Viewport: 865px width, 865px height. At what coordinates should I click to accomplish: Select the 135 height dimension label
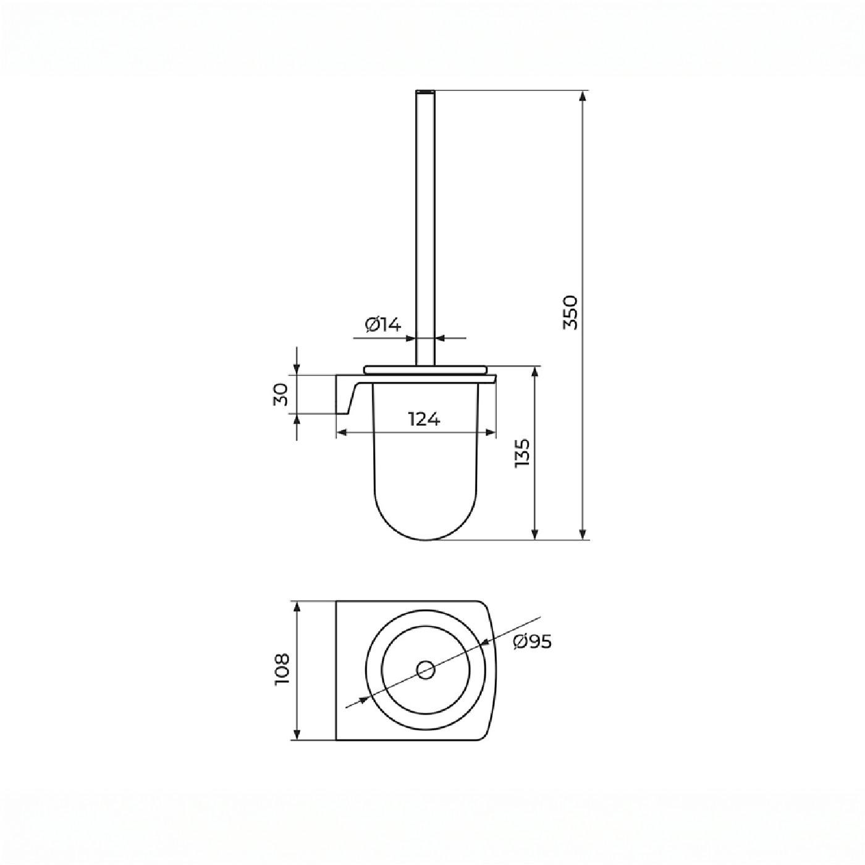point(522,454)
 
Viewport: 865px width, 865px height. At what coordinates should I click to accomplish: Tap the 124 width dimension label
point(424,419)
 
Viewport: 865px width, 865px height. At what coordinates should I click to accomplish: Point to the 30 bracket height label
point(281,395)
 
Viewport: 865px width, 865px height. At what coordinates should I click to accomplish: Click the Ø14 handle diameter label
point(383,324)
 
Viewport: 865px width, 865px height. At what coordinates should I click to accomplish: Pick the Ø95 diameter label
point(533,642)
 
